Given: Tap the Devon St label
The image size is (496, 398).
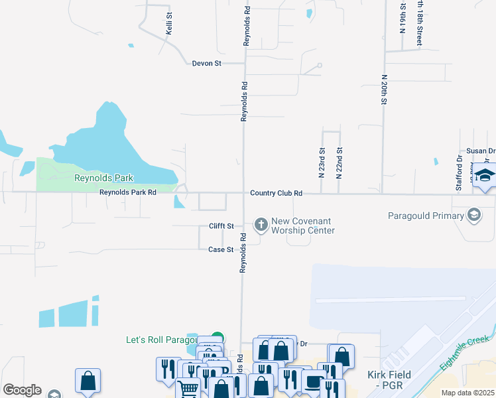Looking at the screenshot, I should pos(206,64).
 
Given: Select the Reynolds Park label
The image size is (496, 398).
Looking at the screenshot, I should pos(104,178).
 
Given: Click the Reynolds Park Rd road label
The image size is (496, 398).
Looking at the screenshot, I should pos(128,192).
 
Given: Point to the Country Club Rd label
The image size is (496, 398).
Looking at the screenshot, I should pos(276,193).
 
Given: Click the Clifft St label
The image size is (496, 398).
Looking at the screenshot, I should pos(221,226).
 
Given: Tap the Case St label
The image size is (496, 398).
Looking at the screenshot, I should pos(221,249).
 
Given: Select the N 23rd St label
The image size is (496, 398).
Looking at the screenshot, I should pos(322,163).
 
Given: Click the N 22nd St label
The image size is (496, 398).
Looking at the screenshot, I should pos(339,163).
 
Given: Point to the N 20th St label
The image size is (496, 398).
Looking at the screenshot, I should pos(384,90).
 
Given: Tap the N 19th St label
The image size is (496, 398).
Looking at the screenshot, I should pos(403,17).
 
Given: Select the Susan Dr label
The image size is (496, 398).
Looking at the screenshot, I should pos(481,151).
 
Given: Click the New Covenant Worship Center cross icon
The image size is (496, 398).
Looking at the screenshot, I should pos(261,224).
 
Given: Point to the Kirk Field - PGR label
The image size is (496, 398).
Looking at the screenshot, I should pos(390,380).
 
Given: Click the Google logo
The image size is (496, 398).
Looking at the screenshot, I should pos(21,390).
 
